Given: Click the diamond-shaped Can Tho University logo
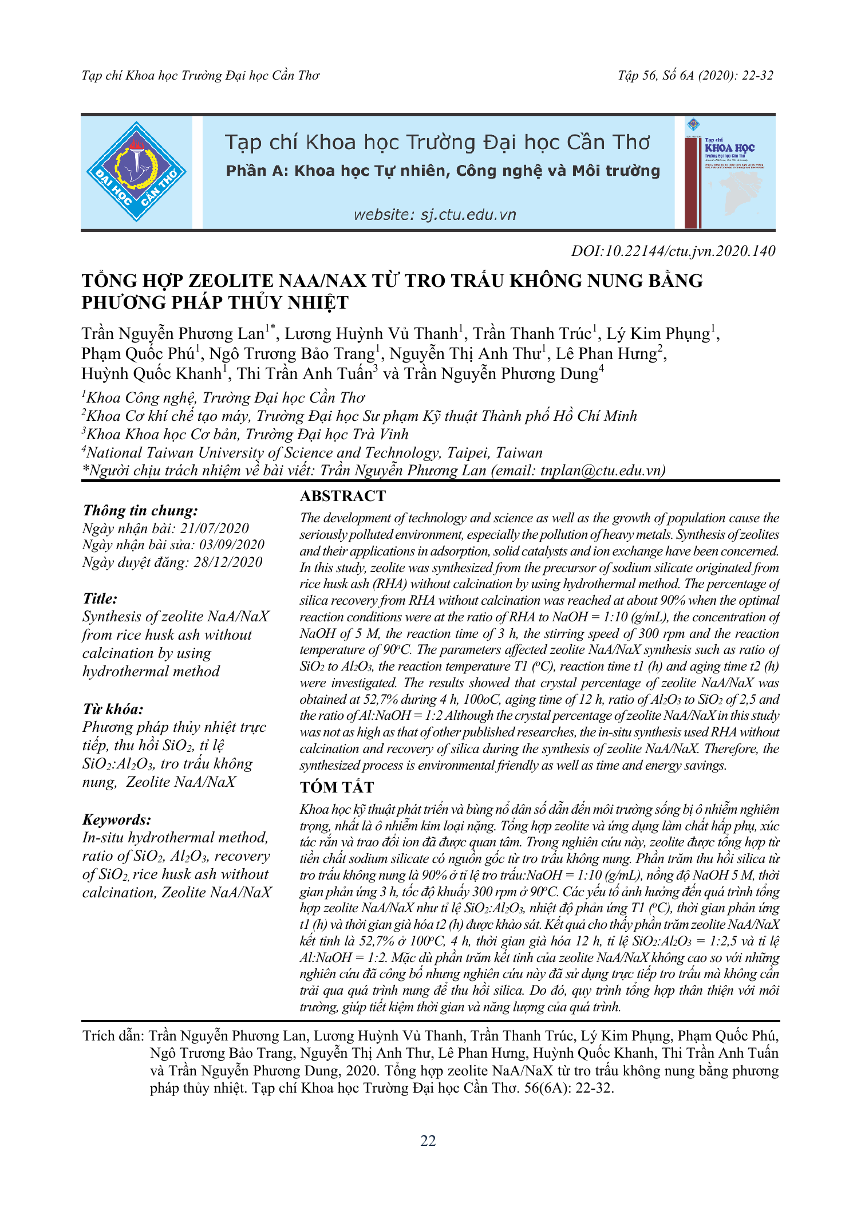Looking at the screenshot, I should (136, 172).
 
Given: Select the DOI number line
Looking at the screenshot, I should (673, 251).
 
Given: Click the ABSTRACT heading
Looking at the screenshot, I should (343, 496).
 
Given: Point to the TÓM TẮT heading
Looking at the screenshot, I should (337, 787).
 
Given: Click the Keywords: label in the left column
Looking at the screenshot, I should (117, 819).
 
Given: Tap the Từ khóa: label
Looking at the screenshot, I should (113, 709).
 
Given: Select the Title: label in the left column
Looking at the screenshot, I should (100, 598).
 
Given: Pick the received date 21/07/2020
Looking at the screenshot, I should (215, 528).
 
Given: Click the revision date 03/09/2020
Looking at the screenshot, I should (232, 545).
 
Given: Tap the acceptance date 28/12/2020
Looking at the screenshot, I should (228, 562).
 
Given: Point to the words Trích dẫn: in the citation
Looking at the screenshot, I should (113, 1035).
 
